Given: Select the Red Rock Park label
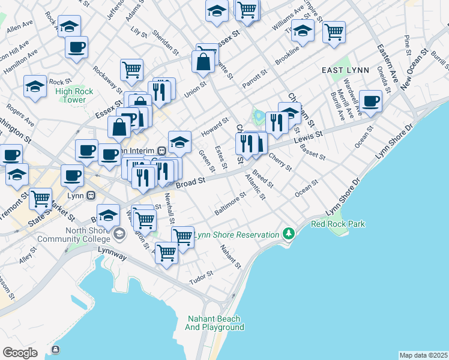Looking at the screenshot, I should tap(337, 224).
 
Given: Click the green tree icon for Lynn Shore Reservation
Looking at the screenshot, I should tap(289, 233).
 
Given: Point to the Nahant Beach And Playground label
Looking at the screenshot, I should tap(214, 323).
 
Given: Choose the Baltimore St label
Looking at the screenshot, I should tap(231, 204).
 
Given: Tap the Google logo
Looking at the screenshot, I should tap(20, 352).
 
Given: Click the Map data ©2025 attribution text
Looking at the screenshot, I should tap(423, 355).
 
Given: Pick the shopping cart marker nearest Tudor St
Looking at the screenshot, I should tap(166, 253).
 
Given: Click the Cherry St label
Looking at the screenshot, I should tap(280, 161).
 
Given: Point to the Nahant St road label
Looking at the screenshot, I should tap(231, 257).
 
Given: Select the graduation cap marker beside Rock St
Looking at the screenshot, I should tap(35, 86).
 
